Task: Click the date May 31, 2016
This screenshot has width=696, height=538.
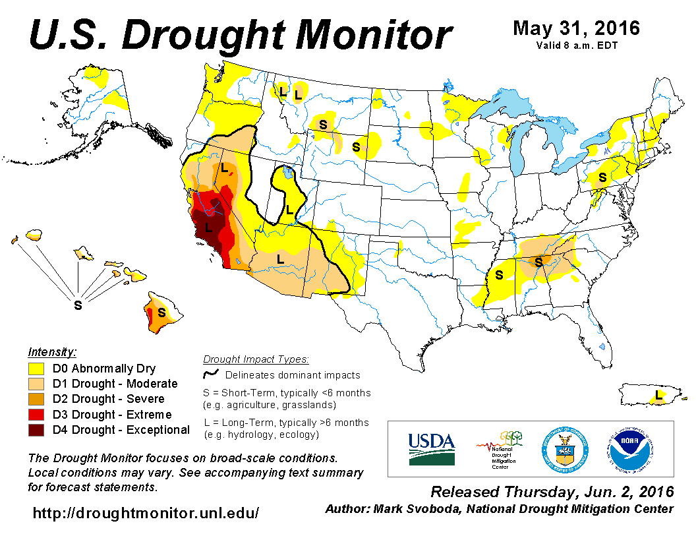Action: pos(576,28)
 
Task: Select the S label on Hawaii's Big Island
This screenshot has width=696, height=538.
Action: pos(161,311)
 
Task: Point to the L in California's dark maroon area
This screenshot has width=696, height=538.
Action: pos(208,227)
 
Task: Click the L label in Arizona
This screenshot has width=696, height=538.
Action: pos(280,258)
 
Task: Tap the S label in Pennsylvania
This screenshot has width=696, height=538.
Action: pos(602,177)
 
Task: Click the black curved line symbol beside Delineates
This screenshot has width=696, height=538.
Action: pos(212,374)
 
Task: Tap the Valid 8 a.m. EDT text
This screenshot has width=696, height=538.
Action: pos(577,45)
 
